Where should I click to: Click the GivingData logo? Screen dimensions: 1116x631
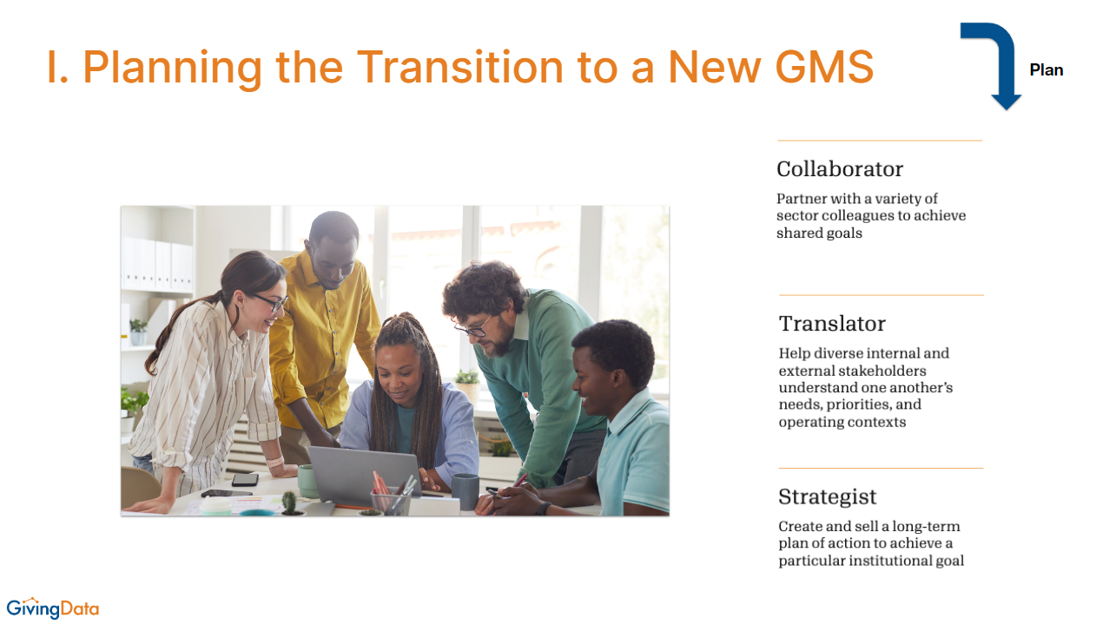point(53,608)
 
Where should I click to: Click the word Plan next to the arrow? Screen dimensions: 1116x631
point(1047,70)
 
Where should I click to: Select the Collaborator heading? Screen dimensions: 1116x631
point(840,169)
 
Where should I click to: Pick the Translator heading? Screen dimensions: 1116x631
point(832,324)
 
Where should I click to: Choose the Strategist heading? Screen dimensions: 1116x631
point(827,497)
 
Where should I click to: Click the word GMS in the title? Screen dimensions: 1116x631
point(824,67)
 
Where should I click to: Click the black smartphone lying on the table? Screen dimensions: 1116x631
point(245,480)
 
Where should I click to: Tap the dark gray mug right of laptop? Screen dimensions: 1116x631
point(466,491)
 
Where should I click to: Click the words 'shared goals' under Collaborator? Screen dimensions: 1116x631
point(819,233)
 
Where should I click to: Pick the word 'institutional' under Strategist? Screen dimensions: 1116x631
point(896,561)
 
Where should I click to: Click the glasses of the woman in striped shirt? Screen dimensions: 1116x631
point(272,301)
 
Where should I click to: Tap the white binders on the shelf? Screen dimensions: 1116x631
point(157,264)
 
